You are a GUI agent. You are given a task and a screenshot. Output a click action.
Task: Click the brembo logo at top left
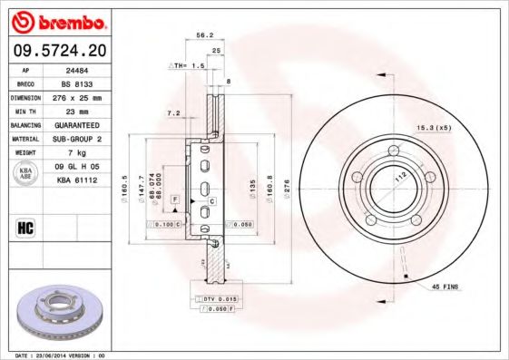[x=60, y=20]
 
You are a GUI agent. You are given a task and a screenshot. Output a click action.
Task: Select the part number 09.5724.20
[x=60, y=50]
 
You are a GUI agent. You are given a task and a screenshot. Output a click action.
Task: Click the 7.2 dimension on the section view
[x=174, y=114]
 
